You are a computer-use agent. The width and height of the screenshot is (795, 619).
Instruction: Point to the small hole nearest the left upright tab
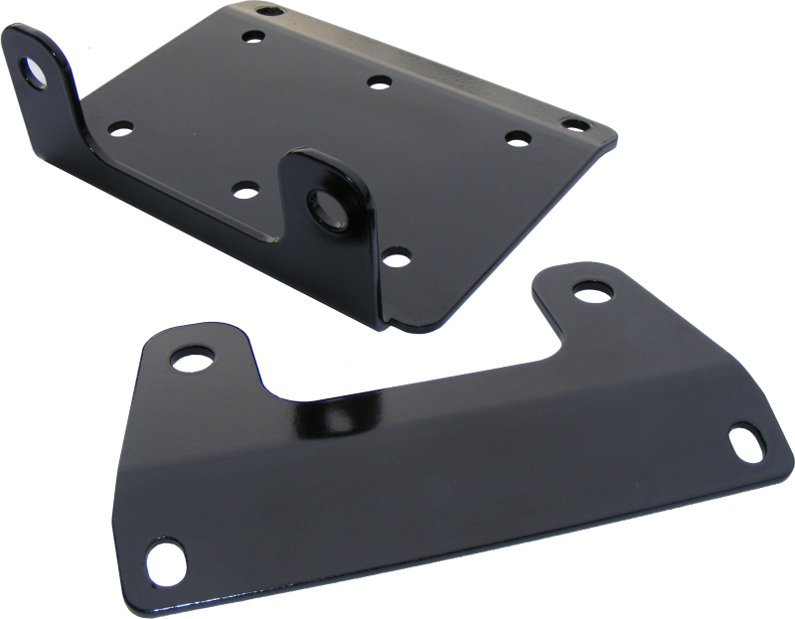point(121,128)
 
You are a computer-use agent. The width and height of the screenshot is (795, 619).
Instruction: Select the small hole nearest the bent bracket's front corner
point(396,260)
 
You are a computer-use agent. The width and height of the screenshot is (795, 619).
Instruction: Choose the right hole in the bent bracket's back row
point(515,138)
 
